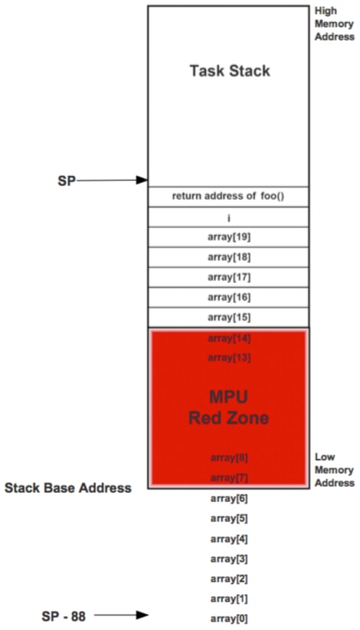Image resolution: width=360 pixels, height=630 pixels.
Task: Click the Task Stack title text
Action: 230,71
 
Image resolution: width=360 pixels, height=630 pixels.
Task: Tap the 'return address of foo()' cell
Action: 228,197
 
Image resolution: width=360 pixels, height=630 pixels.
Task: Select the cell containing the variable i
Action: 228,217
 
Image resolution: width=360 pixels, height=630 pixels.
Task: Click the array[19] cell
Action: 228,237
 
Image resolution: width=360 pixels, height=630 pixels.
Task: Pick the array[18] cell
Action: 228,257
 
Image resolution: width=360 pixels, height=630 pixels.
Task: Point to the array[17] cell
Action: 228,277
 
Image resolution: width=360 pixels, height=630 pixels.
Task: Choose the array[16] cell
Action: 228,297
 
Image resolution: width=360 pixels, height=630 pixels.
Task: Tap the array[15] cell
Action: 228,318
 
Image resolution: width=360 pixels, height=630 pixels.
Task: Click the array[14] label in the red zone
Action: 229,338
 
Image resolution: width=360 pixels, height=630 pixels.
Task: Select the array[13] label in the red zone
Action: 229,357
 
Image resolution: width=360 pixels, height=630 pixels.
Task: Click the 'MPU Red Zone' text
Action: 229,407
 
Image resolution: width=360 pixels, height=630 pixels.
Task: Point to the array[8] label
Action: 229,458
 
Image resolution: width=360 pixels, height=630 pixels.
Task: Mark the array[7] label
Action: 229,478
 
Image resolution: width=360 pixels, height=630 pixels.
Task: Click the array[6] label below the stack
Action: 229,498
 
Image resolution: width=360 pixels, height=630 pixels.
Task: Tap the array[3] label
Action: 229,559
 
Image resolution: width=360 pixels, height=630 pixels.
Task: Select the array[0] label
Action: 229,619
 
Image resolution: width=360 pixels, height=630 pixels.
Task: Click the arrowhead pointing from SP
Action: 142,180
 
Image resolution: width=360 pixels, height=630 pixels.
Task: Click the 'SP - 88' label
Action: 64,616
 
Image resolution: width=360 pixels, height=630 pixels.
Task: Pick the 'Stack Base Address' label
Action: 68,488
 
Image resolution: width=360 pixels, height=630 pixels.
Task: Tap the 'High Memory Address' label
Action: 334,23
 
